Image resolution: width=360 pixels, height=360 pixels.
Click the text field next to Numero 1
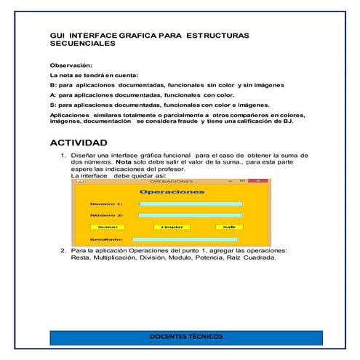pyautogui.click(x=191, y=204)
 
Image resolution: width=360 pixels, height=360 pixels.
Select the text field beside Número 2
pyautogui.click(x=191, y=215)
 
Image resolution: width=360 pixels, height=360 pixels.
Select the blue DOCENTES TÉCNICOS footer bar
pyautogui.click(x=185, y=337)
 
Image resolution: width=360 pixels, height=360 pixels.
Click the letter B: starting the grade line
pyautogui.click(x=52, y=85)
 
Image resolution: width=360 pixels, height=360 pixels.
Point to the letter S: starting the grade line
pyautogui.click(x=52, y=105)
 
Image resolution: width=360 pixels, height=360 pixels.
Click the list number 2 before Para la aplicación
pyautogui.click(x=63, y=250)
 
